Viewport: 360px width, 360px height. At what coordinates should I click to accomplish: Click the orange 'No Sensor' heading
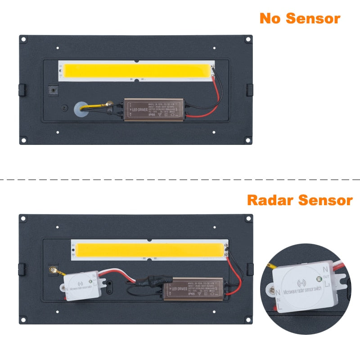300,18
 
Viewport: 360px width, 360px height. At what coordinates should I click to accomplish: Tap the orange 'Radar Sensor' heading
300,200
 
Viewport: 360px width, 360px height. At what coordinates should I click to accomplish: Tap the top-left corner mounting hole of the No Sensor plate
23,40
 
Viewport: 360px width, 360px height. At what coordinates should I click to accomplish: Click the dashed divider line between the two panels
180,179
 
